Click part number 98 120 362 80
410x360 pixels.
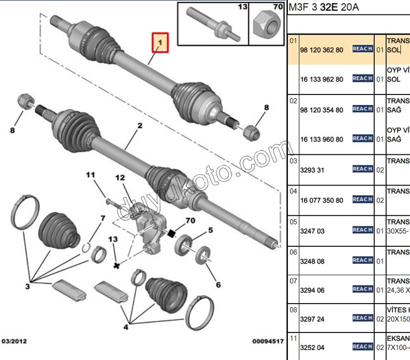click(x=322, y=50)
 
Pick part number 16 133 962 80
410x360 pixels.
click(x=322, y=79)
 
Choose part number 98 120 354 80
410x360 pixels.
click(x=322, y=110)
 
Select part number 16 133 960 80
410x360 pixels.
click(x=322, y=139)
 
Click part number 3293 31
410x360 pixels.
click(x=312, y=170)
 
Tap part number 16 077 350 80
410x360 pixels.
click(x=322, y=200)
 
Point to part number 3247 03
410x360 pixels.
click(x=312, y=231)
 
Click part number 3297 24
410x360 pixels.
click(x=312, y=319)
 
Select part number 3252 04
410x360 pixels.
click(x=312, y=347)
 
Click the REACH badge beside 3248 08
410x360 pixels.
click(x=362, y=260)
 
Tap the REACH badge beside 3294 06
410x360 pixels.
click(x=362, y=289)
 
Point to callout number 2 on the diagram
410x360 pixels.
click(x=139, y=126)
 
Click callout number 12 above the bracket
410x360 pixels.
click(x=120, y=178)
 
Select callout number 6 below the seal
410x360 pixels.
click(x=218, y=285)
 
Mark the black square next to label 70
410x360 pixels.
click(x=170, y=235)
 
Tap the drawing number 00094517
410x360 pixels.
click(x=268, y=341)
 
